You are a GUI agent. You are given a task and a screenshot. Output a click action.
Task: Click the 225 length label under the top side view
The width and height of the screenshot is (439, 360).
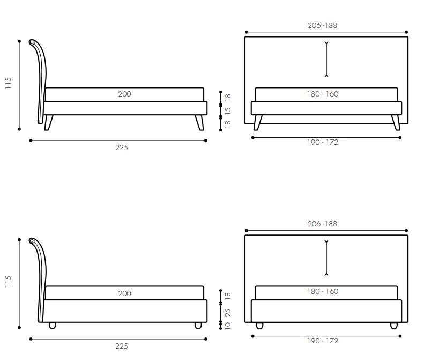[122, 148]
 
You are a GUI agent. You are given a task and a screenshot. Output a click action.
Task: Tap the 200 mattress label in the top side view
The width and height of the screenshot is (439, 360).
[124, 94]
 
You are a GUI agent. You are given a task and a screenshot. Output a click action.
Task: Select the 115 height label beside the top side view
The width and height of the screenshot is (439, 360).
[8, 83]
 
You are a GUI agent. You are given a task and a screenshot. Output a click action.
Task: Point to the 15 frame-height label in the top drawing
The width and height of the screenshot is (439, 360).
[228, 110]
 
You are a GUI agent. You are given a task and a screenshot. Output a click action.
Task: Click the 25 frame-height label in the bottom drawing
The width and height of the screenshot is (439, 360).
[228, 312]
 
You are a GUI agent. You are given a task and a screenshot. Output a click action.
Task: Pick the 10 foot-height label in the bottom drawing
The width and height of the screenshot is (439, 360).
[228, 326]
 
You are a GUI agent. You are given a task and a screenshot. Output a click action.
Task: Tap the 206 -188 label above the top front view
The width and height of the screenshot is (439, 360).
[322, 25]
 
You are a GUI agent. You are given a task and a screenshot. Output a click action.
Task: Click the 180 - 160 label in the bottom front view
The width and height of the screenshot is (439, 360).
[323, 291]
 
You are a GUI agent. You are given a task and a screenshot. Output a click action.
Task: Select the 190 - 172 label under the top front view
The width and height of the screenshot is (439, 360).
[323, 142]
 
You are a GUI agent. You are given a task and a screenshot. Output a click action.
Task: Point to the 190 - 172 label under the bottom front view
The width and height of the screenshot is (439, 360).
[323, 341]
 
